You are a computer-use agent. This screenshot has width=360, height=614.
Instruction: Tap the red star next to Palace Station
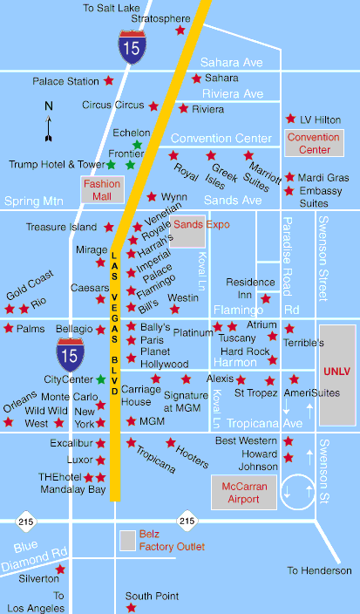(109, 80)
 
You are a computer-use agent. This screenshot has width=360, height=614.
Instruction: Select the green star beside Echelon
(137, 145)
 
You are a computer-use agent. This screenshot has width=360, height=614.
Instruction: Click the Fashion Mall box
(102, 189)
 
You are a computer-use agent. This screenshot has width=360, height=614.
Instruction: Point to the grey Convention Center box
(313, 143)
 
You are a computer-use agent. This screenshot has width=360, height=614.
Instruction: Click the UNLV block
(336, 371)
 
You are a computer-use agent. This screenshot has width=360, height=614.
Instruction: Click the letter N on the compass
(49, 106)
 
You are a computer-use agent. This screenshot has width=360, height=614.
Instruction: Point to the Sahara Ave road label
(231, 63)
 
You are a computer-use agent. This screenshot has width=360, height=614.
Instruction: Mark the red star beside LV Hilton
(290, 119)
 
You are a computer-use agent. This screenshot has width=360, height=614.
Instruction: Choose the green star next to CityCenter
(101, 379)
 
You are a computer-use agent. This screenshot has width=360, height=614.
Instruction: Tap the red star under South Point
(132, 608)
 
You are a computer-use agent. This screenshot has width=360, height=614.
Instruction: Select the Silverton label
(38, 578)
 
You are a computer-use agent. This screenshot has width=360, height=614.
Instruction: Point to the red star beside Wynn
(152, 197)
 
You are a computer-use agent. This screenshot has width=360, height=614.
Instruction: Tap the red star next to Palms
(9, 329)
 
